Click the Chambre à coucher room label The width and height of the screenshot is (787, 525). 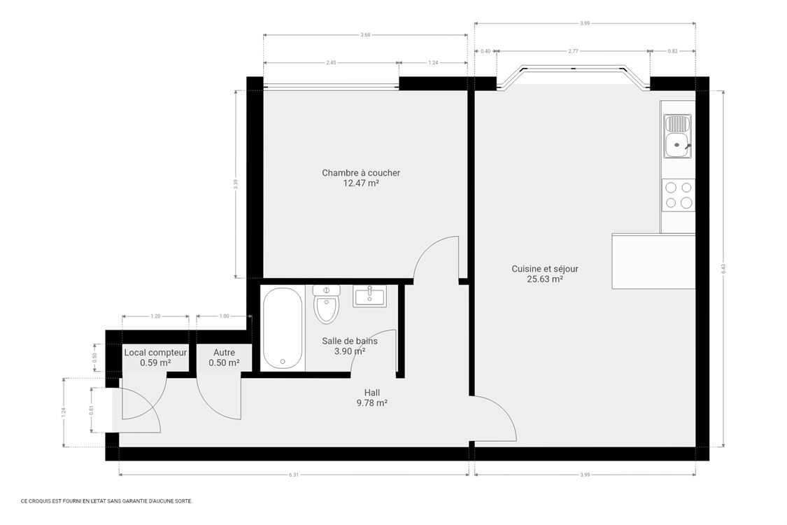pyautogui.click(x=361, y=173)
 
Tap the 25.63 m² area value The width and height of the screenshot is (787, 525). pyautogui.click(x=545, y=279)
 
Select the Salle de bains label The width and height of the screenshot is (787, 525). pyautogui.click(x=349, y=341)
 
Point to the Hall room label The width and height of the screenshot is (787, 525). pyautogui.click(x=371, y=393)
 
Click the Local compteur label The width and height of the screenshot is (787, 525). pyautogui.click(x=155, y=353)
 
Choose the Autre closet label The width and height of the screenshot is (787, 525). pyautogui.click(x=224, y=353)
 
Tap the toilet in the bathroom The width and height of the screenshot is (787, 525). pyautogui.click(x=326, y=304)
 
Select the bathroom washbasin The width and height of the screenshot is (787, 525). pyautogui.click(x=369, y=296)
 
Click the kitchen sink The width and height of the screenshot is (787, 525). pyautogui.click(x=677, y=138)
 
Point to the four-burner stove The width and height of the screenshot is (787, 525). pyautogui.click(x=678, y=195)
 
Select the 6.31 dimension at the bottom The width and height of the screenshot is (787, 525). pyautogui.click(x=294, y=475)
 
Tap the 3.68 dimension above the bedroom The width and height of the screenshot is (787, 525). pyautogui.click(x=365, y=35)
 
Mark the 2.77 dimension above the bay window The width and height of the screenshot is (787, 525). pyautogui.click(x=574, y=51)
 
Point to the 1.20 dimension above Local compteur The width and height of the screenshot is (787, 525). pyautogui.click(x=155, y=316)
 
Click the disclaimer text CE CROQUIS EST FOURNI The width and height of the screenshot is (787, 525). pyautogui.click(x=106, y=501)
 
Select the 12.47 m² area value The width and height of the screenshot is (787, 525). pyautogui.click(x=361, y=183)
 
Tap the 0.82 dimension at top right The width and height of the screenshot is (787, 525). pyautogui.click(x=672, y=51)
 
